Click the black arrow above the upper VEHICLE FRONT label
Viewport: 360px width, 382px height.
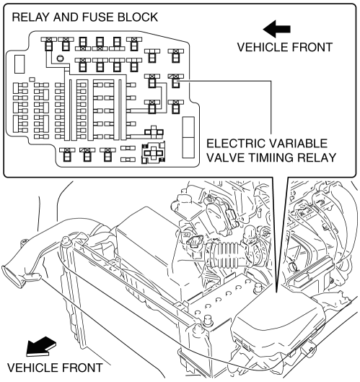coord(276,29)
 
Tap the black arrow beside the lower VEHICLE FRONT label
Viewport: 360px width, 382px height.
coord(40,347)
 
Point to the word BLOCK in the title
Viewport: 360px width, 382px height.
coord(138,17)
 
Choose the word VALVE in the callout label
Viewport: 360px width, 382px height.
coord(222,157)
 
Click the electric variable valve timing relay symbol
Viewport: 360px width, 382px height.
coord(176,81)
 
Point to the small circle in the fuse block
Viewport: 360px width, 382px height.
coord(60,58)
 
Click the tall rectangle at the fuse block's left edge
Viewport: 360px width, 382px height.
coord(19,64)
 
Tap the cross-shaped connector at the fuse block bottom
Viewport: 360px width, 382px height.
coord(154,153)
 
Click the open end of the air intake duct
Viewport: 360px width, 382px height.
coord(12,277)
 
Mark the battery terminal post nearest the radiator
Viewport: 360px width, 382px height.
coord(207,320)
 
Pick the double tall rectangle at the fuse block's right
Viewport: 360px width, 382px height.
coord(188,137)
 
